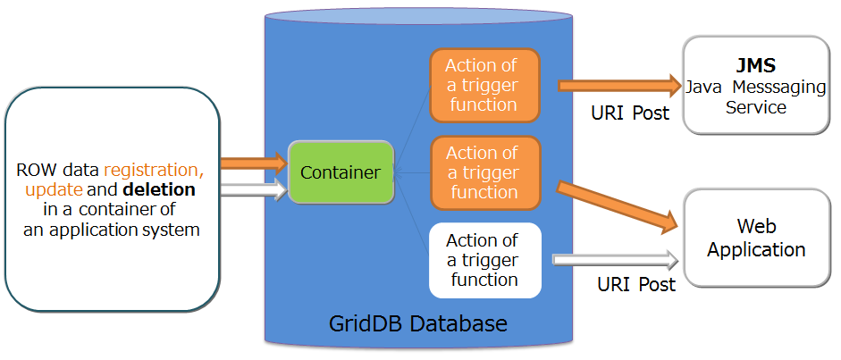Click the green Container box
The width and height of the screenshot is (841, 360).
click(341, 172)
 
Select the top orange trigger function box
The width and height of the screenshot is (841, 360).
click(485, 85)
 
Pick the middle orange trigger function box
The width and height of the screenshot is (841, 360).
click(485, 172)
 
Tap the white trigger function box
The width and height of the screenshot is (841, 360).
click(485, 260)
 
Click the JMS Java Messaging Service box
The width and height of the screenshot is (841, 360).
click(755, 86)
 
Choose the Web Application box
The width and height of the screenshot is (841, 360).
click(756, 238)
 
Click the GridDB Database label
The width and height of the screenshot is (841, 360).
click(417, 322)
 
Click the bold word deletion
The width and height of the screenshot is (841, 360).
click(159, 190)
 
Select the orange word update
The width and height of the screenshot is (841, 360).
click(54, 190)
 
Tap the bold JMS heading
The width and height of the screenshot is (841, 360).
click(755, 66)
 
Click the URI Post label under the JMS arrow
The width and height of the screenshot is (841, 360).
click(629, 114)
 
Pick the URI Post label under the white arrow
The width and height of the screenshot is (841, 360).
click(635, 284)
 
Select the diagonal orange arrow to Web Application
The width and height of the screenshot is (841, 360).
click(617, 205)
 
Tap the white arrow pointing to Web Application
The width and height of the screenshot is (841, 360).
click(617, 260)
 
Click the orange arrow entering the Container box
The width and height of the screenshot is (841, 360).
click(254, 163)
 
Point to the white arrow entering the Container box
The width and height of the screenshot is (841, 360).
click(254, 188)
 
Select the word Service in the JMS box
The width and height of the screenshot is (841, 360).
click(756, 107)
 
